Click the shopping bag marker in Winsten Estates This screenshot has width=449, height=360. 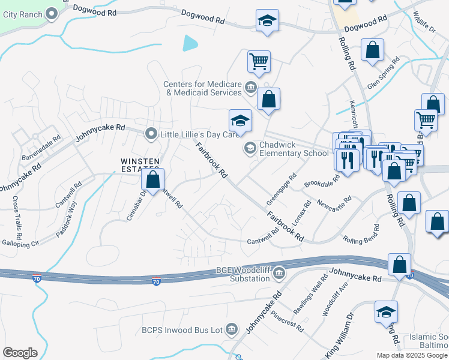pos(153,181)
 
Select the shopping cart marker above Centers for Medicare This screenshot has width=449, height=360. pos(259,61)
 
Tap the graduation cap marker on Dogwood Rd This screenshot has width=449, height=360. pos(267,22)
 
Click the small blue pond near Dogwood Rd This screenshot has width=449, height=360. pos(190,43)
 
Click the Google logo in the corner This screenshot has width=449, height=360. pos(20,353)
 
